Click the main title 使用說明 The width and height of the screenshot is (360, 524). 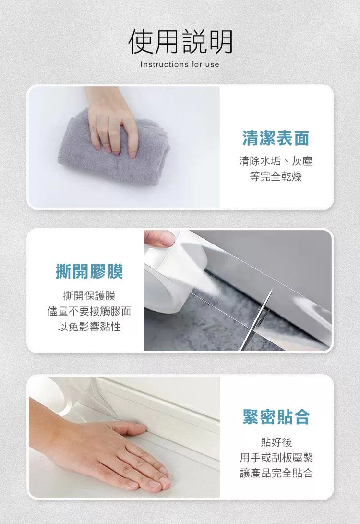point(180,42)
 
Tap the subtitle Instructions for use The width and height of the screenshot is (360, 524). point(180,64)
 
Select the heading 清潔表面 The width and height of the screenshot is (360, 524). point(276,138)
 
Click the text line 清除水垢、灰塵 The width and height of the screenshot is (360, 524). point(276,161)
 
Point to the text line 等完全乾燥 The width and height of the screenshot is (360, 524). point(276,176)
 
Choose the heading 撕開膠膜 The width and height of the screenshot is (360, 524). point(89,271)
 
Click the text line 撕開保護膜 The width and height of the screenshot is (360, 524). point(89,296)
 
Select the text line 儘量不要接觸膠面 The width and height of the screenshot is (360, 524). point(89,311)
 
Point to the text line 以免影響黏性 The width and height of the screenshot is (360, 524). point(89,327)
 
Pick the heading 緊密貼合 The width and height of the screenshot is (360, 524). point(276,417)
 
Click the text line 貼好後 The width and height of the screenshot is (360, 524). point(276,442)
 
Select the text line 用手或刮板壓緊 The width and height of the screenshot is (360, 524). point(276,458)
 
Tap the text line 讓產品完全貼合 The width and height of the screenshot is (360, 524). point(276,473)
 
